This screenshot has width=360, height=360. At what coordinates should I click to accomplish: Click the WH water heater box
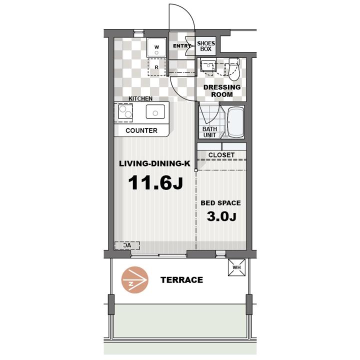click(x=236, y=267)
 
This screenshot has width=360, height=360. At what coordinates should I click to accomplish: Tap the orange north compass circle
click(x=135, y=280)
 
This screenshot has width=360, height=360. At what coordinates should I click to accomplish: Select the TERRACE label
click(x=181, y=280)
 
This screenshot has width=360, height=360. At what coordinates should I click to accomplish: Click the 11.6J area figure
click(x=155, y=182)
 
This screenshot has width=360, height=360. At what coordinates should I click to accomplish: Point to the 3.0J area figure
click(x=221, y=216)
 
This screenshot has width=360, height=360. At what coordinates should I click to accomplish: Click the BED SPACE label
click(x=220, y=203)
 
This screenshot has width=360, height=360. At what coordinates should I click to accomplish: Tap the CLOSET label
click(x=221, y=155)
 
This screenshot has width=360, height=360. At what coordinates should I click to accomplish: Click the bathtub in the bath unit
click(x=235, y=122)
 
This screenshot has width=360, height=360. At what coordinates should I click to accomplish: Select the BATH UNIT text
click(x=209, y=132)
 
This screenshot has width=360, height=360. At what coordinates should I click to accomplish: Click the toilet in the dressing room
click(x=234, y=69)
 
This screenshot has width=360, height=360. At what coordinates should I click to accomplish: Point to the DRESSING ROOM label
click(x=222, y=90)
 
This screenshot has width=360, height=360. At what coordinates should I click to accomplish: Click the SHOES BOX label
click(x=206, y=46)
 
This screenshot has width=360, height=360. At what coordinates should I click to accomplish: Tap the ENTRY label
click(x=181, y=46)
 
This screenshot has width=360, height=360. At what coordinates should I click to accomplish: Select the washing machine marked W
click(x=156, y=47)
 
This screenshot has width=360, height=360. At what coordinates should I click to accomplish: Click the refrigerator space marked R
click(x=156, y=67)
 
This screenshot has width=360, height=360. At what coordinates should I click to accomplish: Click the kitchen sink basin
click(x=155, y=111)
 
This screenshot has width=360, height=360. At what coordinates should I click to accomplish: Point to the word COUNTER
click(x=141, y=130)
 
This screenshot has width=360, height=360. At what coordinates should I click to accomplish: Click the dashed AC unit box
click(x=127, y=245)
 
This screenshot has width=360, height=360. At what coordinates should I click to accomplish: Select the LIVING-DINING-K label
click(x=154, y=163)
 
